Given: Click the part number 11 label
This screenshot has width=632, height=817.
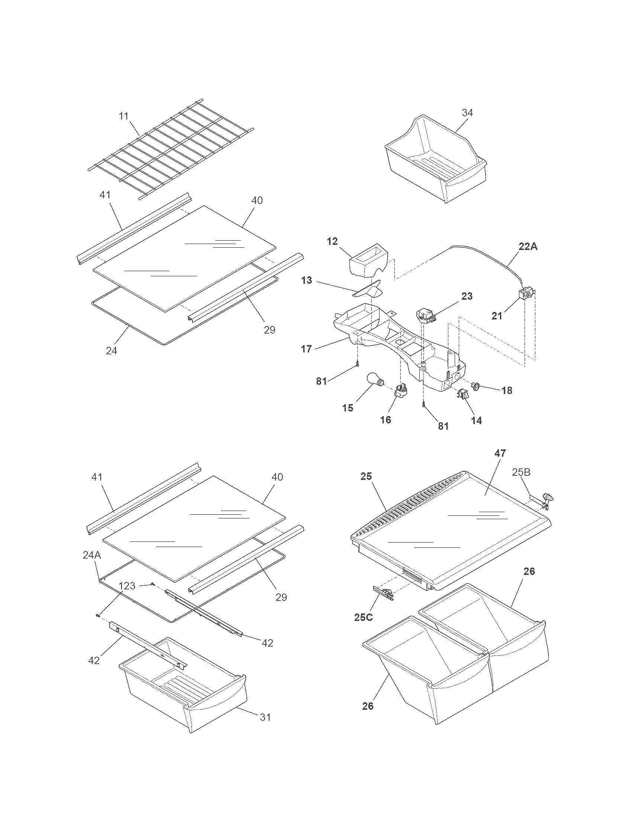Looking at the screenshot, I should click(x=124, y=116).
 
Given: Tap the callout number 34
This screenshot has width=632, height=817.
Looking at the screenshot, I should click(x=467, y=113).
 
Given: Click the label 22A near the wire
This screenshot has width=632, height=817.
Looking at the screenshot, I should click(x=528, y=247).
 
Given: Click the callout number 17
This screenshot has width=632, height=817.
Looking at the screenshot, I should click(x=306, y=349).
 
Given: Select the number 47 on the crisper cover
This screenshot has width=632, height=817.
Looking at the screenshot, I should click(x=500, y=453).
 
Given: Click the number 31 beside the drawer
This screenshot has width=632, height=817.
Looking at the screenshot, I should click(x=265, y=717).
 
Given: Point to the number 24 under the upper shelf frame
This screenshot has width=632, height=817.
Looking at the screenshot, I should click(x=111, y=351).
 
